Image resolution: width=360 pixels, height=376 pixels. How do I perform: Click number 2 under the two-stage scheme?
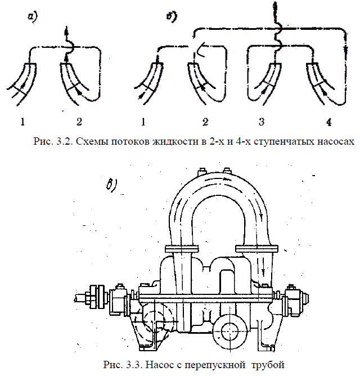[79, 121]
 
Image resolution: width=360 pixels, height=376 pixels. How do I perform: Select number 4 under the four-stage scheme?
[328, 121]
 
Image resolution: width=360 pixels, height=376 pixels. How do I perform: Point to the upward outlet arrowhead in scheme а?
[67, 30]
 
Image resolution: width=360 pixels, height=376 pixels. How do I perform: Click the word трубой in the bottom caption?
[271, 365]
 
